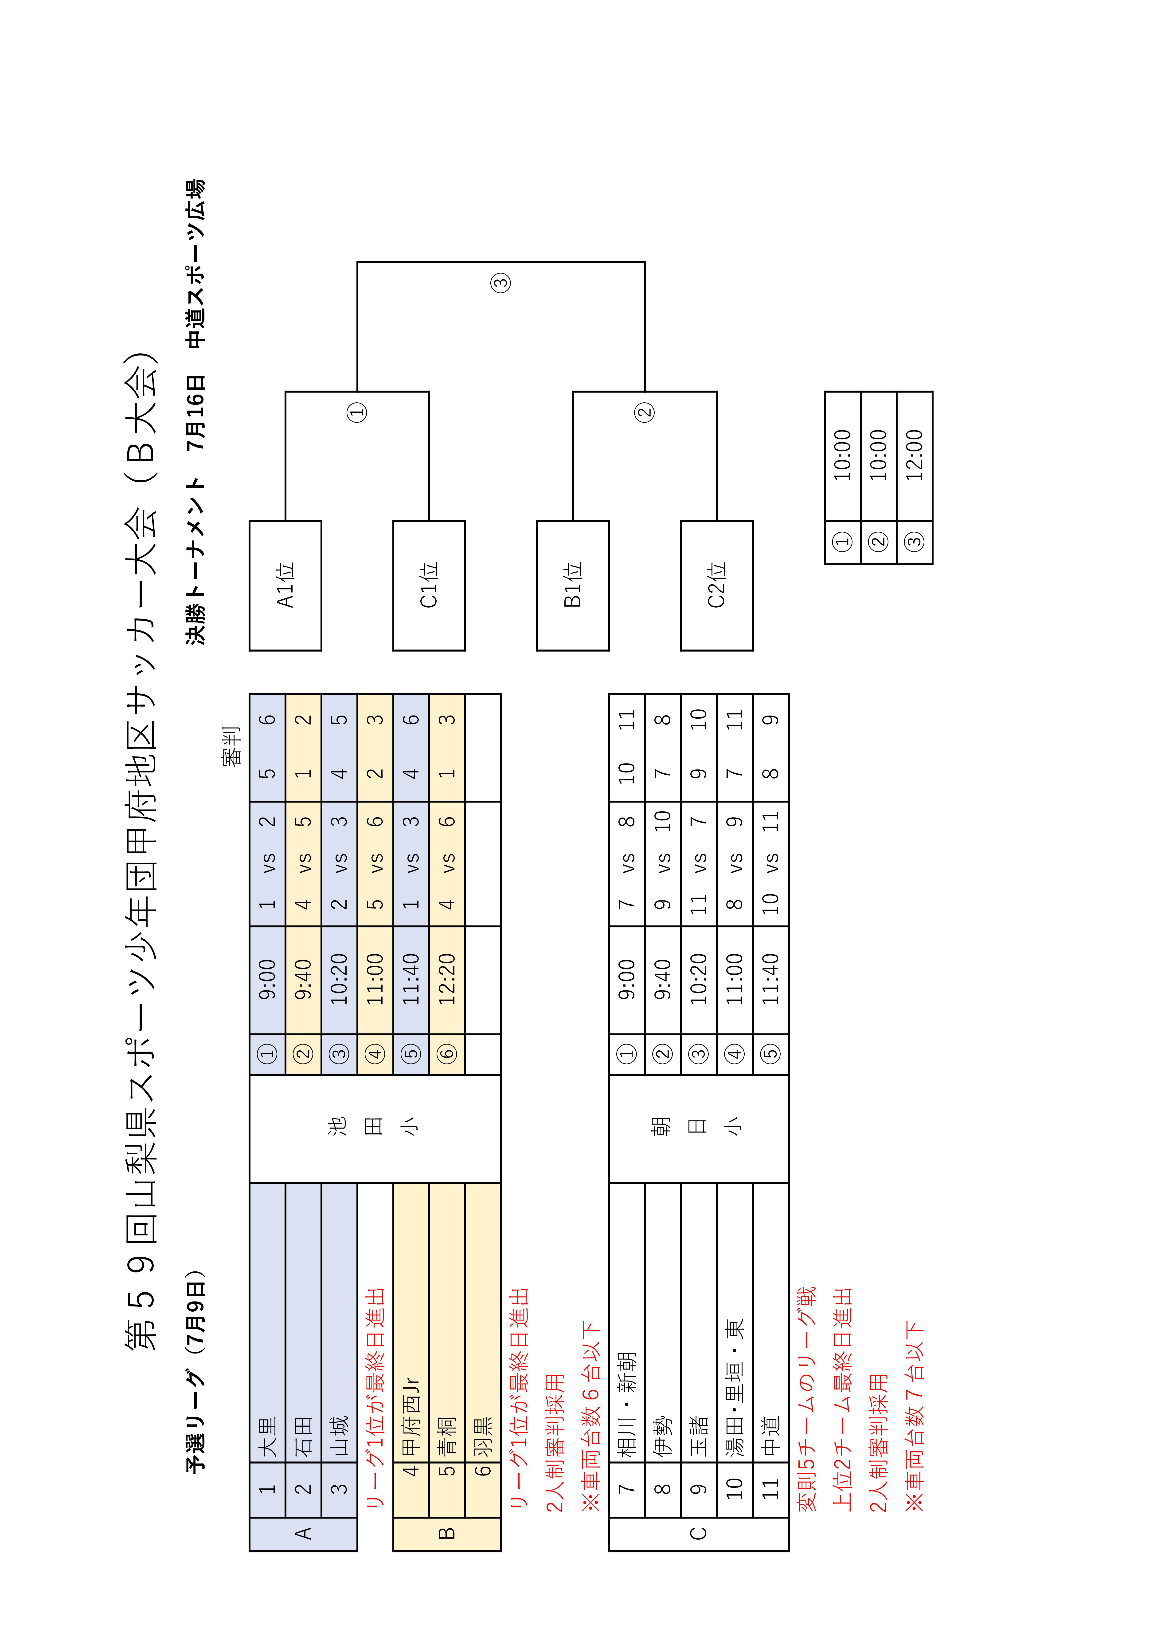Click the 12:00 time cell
point(914,456)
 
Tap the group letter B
point(447,1533)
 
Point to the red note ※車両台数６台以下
point(590,1416)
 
